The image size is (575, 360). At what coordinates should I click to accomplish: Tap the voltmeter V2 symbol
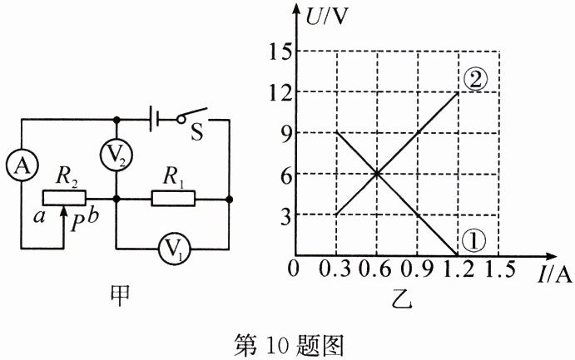(x=116, y=155)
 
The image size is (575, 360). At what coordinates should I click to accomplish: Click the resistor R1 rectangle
(x=173, y=199)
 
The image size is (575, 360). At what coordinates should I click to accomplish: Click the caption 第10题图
(x=287, y=343)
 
